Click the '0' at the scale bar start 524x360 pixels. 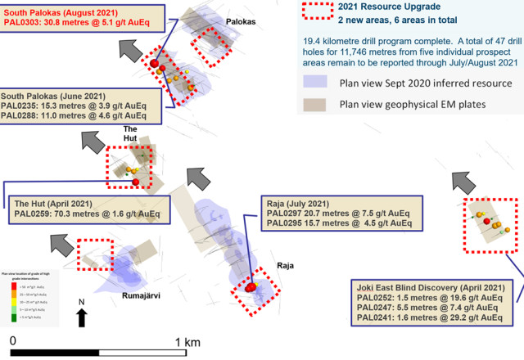pyautogui.click(x=12, y=340)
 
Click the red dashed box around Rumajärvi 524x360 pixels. pyautogui.click(x=96, y=254)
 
